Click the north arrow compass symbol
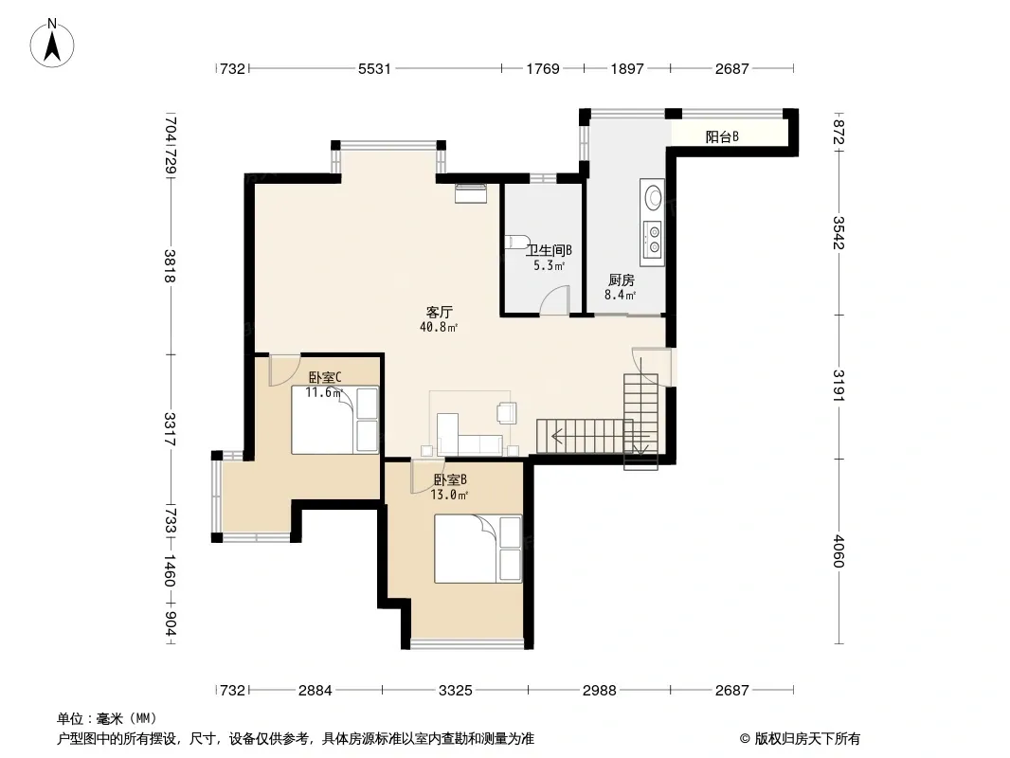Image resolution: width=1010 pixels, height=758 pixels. (x=52, y=44)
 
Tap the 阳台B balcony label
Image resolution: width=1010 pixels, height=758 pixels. (x=722, y=136)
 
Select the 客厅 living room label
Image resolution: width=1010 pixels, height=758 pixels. (x=439, y=313)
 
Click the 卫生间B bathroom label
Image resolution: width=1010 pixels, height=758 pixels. (x=549, y=250)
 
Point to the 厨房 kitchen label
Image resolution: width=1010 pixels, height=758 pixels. (x=622, y=280)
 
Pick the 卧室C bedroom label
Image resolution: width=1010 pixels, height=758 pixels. (x=325, y=377)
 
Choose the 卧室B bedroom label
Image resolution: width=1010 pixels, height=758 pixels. (x=450, y=479)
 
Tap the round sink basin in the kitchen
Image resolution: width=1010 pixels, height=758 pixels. (x=653, y=196)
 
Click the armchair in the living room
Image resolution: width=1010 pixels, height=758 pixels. (x=507, y=413)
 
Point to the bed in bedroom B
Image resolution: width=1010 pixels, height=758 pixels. (x=478, y=549)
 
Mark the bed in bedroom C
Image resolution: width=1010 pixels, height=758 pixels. (x=335, y=420)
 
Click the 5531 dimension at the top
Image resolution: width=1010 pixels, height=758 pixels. (x=374, y=68)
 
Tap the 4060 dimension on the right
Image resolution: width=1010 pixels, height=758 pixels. (x=838, y=551)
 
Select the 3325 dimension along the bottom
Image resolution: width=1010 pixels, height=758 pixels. (x=456, y=691)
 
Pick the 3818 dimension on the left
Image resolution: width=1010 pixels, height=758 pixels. (x=170, y=266)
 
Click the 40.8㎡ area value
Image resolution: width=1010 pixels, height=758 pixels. (x=439, y=327)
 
